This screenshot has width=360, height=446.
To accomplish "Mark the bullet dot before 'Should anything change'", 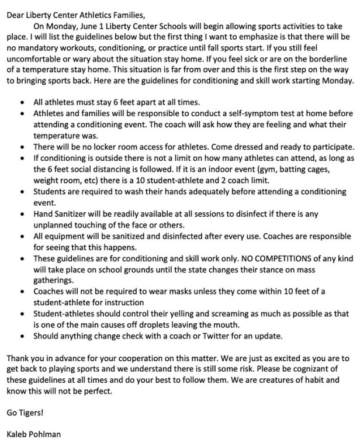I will click(x=22, y=337).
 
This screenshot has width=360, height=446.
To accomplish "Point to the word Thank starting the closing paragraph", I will click(x=18, y=358).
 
